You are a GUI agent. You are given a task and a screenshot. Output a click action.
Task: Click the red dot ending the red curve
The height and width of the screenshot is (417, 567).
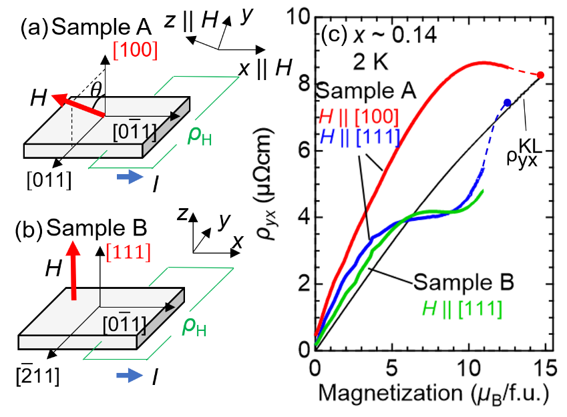tap(540, 75)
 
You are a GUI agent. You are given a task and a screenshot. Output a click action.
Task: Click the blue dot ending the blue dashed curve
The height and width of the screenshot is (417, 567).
tap(508, 102)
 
